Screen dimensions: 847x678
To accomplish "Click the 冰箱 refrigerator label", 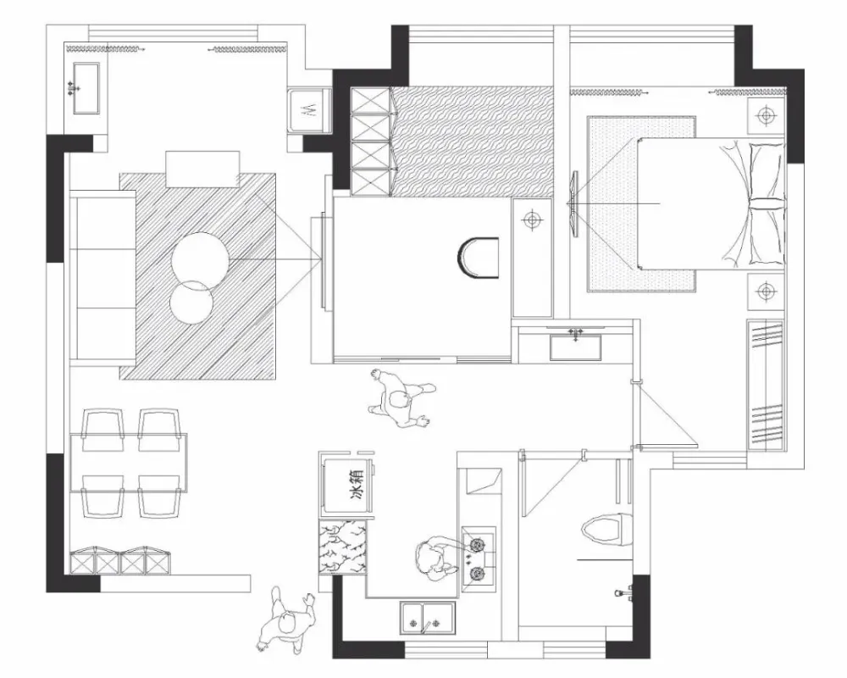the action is point(358,483).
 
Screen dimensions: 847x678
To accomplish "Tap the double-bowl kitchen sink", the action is point(427,618).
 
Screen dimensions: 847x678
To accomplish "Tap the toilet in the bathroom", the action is point(606,529).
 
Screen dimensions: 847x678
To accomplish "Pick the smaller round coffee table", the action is point(191,302).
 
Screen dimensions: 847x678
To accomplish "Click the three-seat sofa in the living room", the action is point(102,275).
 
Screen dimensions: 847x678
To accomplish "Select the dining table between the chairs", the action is point(129,463).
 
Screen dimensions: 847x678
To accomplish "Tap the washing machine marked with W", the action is point(309,111).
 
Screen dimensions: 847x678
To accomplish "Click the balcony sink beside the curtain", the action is point(86,88).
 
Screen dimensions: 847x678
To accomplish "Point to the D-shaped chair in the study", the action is point(479,258).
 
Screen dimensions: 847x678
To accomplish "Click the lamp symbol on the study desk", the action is point(532,220).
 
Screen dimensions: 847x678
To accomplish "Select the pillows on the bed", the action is point(763,204).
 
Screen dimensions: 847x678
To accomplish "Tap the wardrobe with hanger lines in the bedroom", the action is point(766,385).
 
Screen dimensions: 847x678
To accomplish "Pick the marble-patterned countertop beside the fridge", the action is point(343,547).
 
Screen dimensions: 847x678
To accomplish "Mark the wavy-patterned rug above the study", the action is point(473,142).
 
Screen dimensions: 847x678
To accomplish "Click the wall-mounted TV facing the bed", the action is point(574,204).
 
